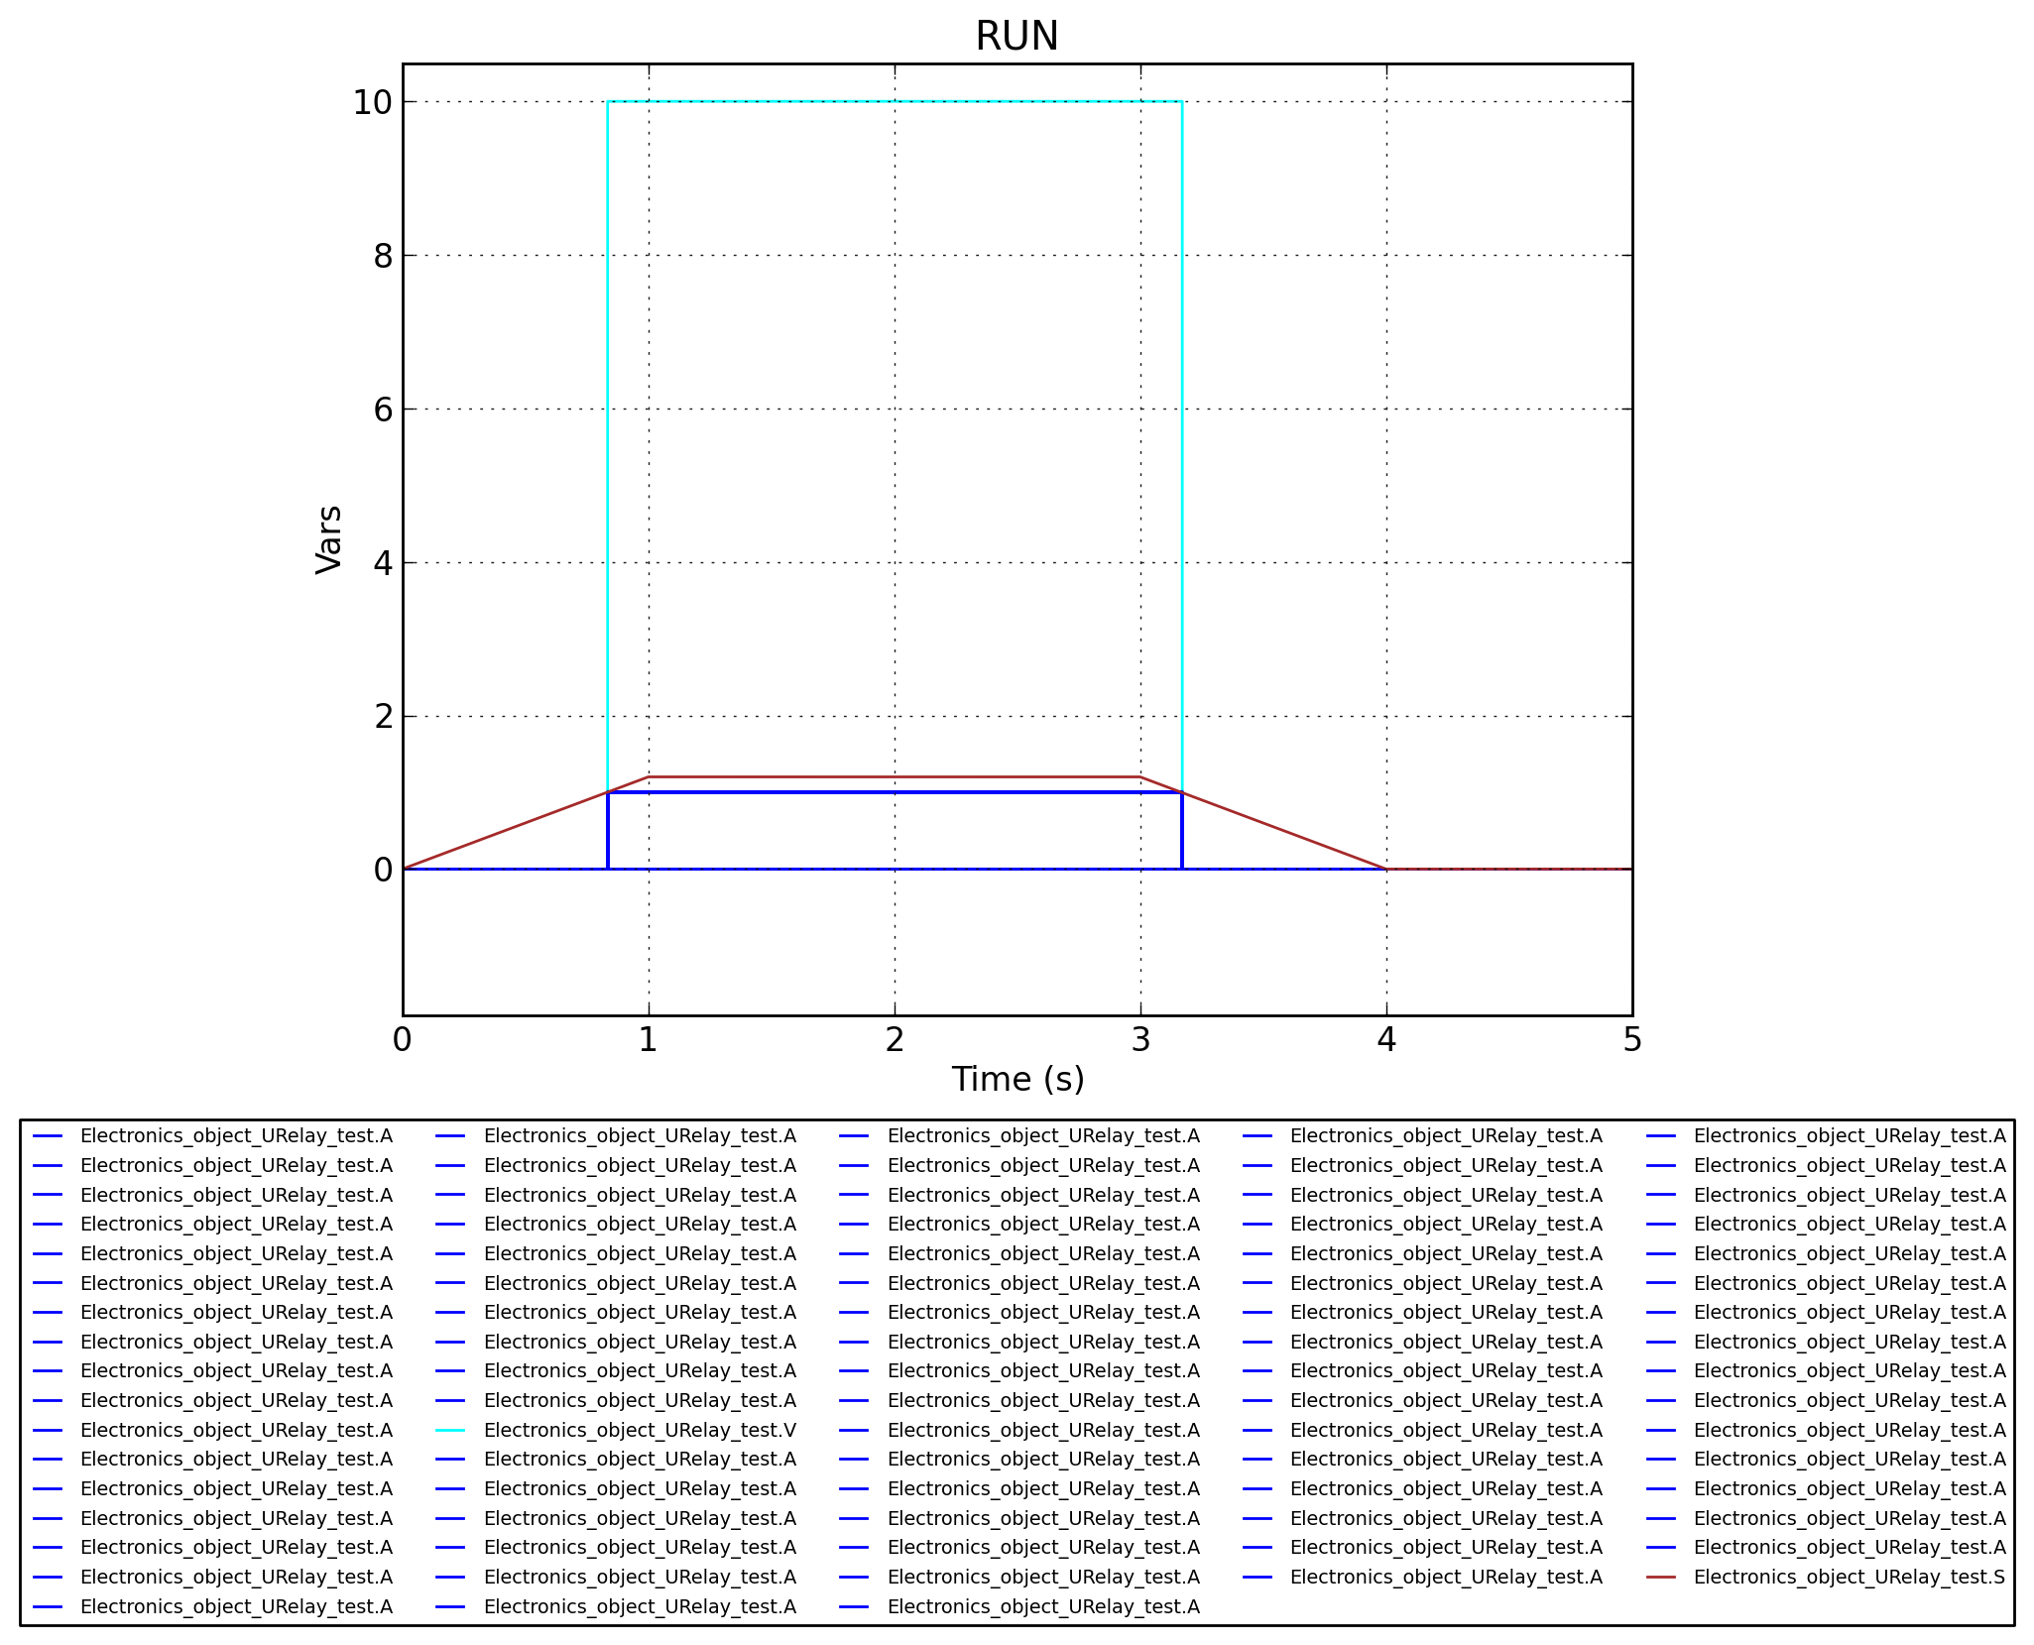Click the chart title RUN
tap(1017, 37)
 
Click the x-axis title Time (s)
tap(1017, 1080)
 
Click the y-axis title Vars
tap(328, 539)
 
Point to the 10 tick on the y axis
tap(372, 102)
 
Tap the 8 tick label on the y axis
tap(383, 256)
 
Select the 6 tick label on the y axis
tap(383, 410)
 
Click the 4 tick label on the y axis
tap(383, 563)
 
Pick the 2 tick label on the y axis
tap(383, 716)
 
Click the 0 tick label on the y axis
tap(383, 870)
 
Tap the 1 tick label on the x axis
tap(649, 1040)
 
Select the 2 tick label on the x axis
tap(895, 1040)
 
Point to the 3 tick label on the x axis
tap(1140, 1040)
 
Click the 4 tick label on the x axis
tap(1386, 1040)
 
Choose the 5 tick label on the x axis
tap(1631, 1040)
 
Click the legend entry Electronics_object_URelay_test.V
tap(640, 1430)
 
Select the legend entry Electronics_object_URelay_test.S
tap(1850, 1577)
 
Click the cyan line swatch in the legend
tap(450, 1430)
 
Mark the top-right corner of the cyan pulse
tap(1182, 101)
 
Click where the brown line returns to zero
tap(1386, 870)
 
